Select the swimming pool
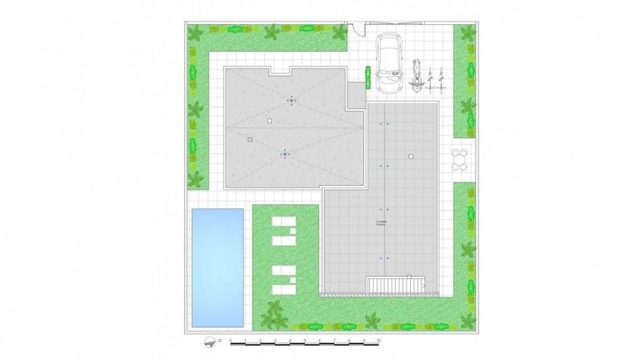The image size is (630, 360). [217, 267]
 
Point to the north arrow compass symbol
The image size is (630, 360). [207, 342]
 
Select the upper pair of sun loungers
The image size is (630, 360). [283, 228]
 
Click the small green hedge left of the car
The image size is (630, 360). [366, 80]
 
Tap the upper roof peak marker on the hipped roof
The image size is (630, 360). [291, 101]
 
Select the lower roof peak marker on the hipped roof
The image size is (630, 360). [285, 153]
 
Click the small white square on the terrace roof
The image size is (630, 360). [411, 156]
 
